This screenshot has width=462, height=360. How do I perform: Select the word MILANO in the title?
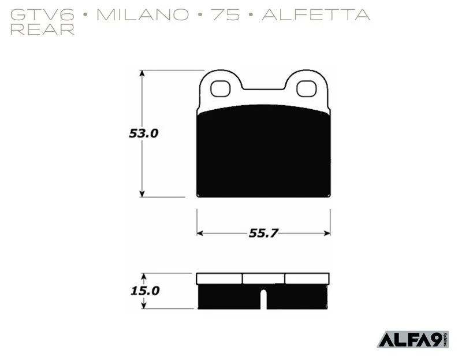(x=143, y=14)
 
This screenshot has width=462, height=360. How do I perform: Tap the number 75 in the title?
(x=226, y=14)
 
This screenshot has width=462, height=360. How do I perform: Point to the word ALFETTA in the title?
(x=316, y=14)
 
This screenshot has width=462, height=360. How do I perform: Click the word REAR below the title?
(x=42, y=30)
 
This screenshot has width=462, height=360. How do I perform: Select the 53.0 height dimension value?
(x=143, y=133)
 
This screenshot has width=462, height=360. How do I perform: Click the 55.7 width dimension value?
(x=264, y=233)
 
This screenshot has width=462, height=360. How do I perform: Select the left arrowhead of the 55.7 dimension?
(x=200, y=233)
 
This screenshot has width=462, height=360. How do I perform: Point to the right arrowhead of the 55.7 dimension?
(x=327, y=233)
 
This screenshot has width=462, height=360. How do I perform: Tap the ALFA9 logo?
(x=413, y=339)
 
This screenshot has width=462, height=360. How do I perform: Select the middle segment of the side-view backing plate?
(x=263, y=279)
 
